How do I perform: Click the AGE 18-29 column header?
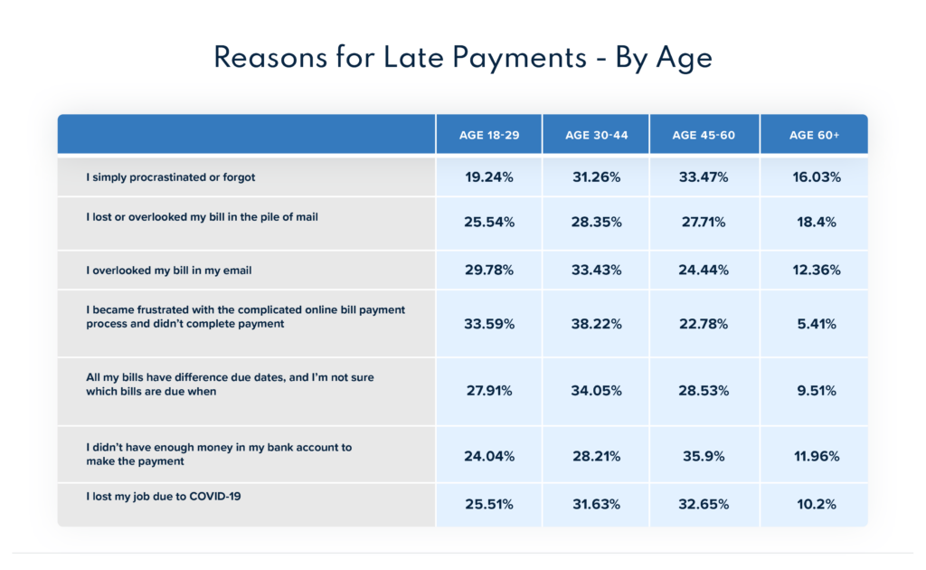[489, 136]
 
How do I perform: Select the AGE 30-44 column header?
[597, 136]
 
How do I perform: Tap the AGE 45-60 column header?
[704, 136]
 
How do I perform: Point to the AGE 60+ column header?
[814, 136]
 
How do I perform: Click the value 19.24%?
[489, 177]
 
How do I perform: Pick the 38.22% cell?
[597, 324]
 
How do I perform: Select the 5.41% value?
[817, 324]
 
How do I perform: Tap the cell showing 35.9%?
[704, 457]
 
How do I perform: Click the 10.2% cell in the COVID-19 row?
[817, 505]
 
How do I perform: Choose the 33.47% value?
[704, 177]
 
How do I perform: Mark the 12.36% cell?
[817, 270]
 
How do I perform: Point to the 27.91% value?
[489, 391]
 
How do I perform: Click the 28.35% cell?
[597, 222]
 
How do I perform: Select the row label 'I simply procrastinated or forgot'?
[171, 177]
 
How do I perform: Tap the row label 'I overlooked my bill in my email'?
[169, 271]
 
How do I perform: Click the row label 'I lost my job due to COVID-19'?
[164, 496]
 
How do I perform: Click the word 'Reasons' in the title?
[269, 58]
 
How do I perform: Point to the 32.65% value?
[704, 505]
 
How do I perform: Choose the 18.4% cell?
[817, 222]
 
